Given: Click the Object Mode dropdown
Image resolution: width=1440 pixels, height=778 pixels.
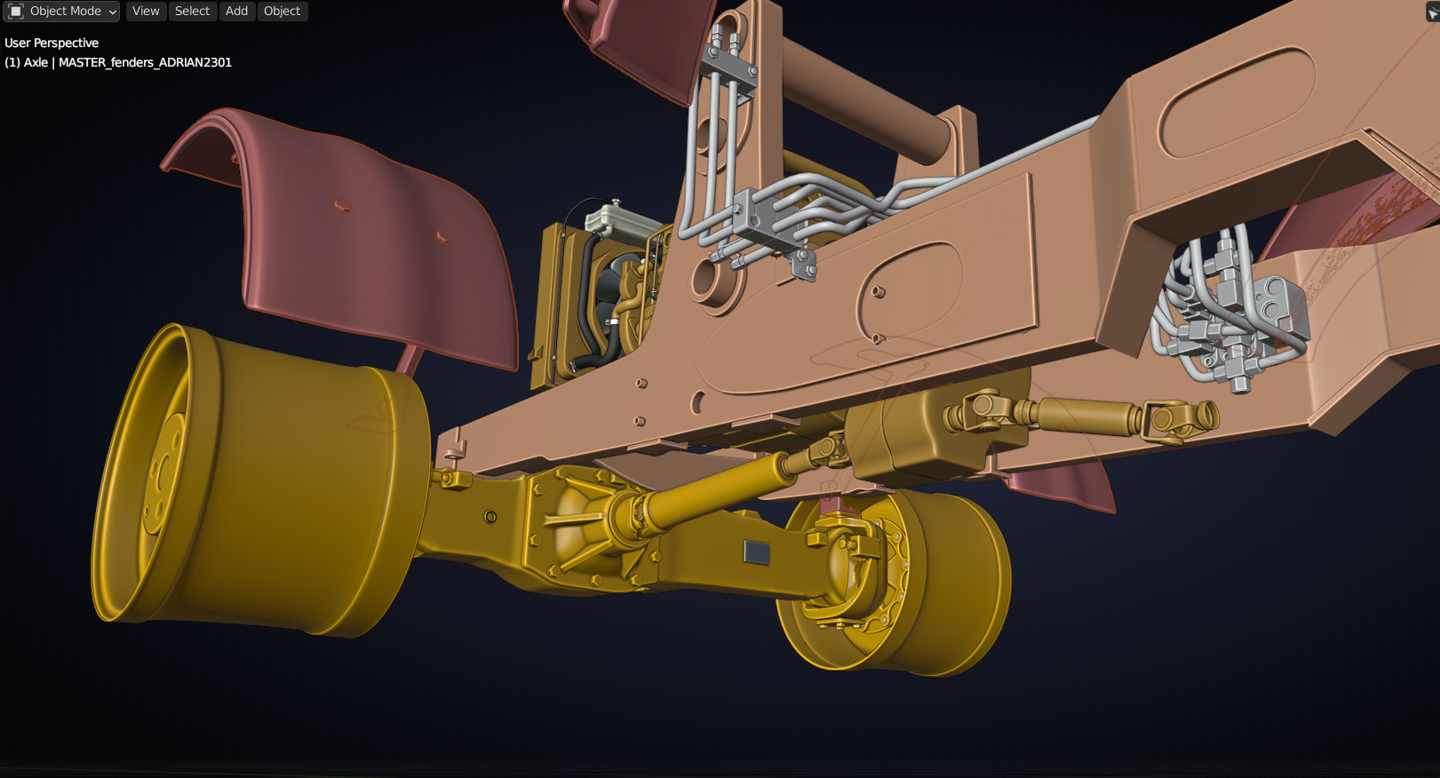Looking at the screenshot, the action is coord(61,11).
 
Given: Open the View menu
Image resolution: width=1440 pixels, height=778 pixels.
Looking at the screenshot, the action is coord(146,11).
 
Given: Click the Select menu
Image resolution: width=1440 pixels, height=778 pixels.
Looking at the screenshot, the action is coord(192,11).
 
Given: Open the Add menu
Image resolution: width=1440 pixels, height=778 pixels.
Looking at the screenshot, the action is coord(236,11).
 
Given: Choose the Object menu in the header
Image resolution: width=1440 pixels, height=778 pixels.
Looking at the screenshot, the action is coord(282,11).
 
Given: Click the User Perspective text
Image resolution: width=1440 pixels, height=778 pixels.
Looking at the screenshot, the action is coord(52,43).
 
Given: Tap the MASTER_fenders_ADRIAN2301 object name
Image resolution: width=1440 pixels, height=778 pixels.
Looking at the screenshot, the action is coord(145,62).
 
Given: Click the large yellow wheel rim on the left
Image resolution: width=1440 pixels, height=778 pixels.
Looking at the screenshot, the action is coord(257,482).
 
